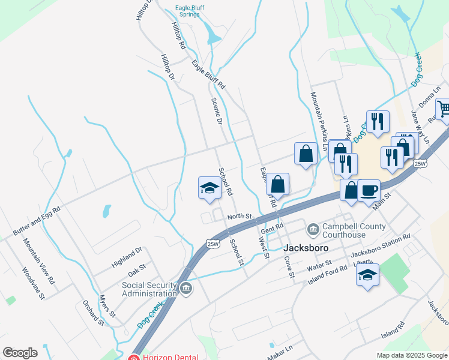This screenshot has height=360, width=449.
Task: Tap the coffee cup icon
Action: click(369, 190)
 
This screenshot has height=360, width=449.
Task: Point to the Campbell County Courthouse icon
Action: click(313, 229)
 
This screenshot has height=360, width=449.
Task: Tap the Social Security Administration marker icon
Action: click(186, 289)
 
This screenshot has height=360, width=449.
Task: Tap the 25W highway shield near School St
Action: click(212, 244)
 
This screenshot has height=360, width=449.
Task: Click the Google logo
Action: click(20, 353)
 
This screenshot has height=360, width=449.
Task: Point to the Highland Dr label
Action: click(127, 257)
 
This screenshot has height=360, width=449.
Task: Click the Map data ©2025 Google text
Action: click(411, 355)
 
